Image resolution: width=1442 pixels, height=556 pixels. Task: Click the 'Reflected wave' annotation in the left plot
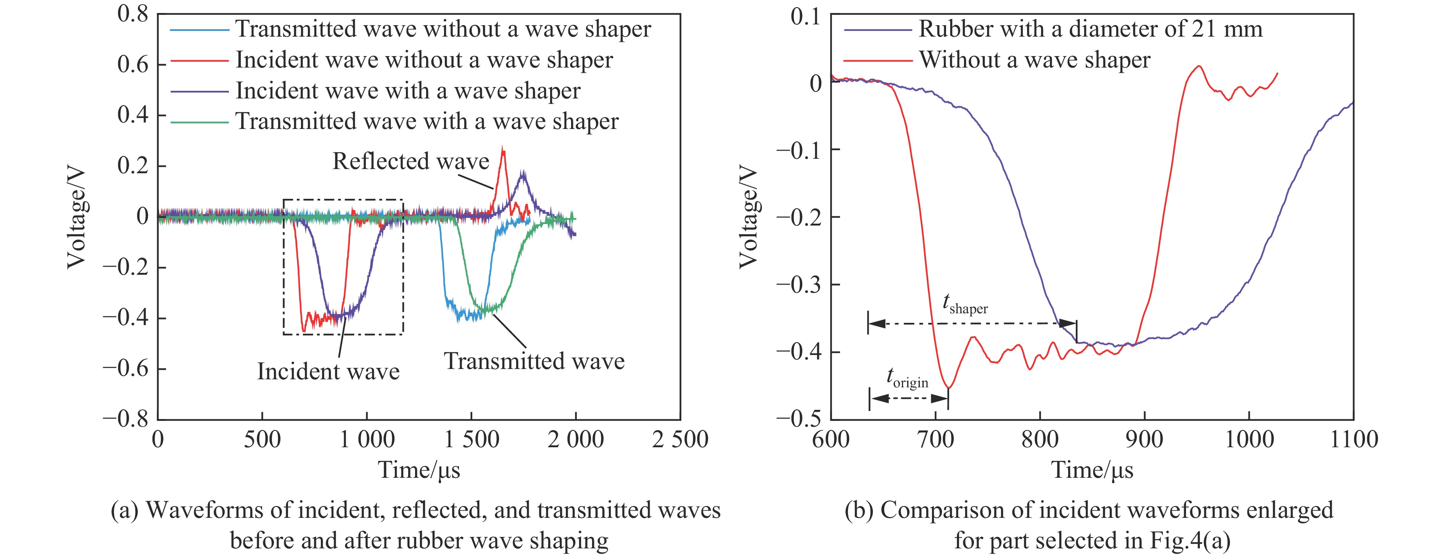410,161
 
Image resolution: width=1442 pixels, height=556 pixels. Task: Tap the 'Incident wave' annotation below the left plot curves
328,372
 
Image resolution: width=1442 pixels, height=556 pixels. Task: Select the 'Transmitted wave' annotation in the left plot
534,361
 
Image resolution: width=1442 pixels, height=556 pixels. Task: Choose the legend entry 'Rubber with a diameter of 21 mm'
1090,29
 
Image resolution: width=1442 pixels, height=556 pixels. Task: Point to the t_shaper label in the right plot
965,305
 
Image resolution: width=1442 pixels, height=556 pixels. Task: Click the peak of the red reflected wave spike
503,149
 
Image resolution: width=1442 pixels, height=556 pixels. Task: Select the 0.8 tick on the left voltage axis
133,13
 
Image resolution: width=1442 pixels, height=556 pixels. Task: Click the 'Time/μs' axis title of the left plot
419,470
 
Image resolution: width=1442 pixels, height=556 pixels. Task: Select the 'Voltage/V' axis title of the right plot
748,217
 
